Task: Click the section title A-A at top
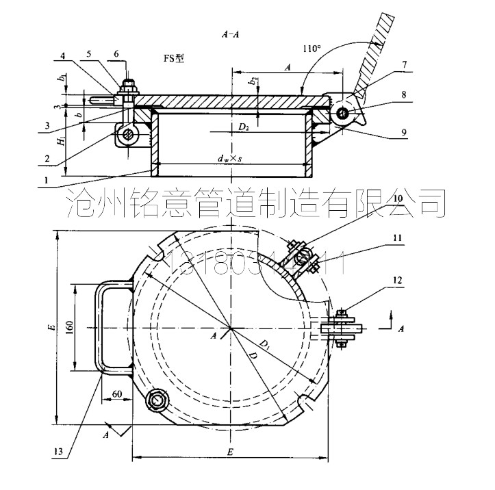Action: tap(229, 32)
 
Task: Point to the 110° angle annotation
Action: tap(312, 49)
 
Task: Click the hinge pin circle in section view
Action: tap(342, 112)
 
